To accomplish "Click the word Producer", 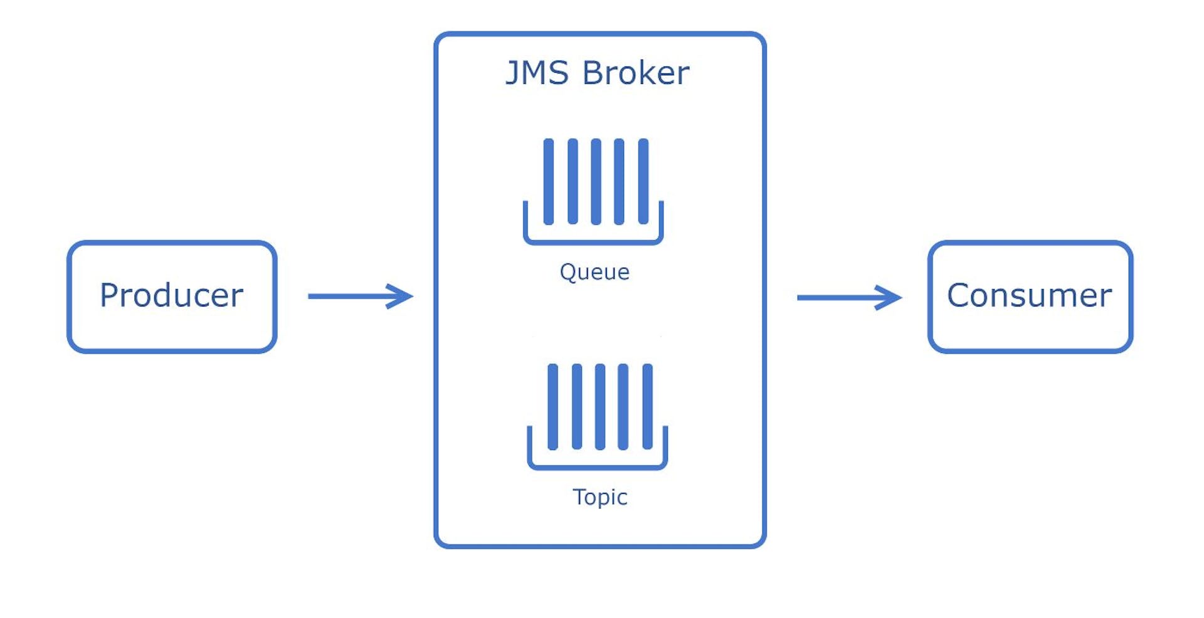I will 171,295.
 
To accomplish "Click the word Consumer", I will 1029,295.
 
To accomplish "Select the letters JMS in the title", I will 537,73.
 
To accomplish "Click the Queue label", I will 594,272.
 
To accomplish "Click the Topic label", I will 600,497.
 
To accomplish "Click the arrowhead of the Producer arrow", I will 401,296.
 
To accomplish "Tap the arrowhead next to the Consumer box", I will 890,297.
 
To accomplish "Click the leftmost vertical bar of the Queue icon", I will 549,181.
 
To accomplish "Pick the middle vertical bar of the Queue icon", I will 596,181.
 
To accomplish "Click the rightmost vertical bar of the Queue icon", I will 643,181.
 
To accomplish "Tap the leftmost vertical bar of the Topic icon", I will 552,407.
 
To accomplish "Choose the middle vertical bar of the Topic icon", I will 600,407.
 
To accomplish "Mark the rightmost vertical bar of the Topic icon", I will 648,407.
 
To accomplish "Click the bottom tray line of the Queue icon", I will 593,241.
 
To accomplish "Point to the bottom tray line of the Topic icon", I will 598,466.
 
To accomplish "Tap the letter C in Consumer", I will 958,295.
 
